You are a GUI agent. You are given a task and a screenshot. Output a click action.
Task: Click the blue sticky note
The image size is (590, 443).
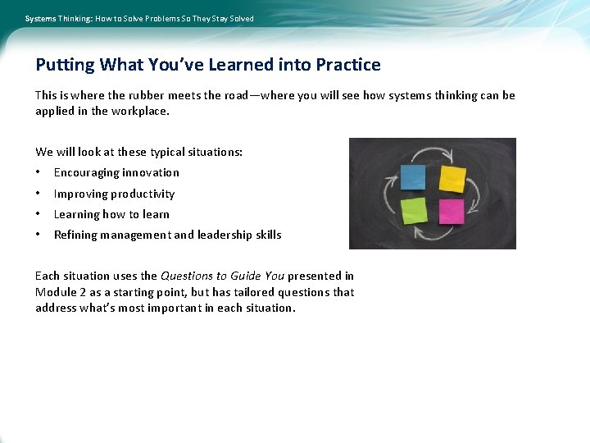(x=413, y=177)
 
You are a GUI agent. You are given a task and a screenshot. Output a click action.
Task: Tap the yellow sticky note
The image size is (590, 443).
(x=452, y=178)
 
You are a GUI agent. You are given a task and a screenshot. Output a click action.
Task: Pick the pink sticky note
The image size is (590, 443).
(x=452, y=212)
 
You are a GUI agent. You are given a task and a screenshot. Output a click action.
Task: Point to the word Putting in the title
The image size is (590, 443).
(x=66, y=65)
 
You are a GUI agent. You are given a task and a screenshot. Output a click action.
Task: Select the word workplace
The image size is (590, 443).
(x=140, y=111)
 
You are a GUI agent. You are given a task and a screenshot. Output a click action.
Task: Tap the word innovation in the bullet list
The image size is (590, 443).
(x=152, y=172)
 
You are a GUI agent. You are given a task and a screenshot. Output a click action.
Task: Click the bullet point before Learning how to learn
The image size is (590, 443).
(x=39, y=214)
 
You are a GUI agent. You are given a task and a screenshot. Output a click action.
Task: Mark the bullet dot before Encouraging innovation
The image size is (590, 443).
(x=39, y=172)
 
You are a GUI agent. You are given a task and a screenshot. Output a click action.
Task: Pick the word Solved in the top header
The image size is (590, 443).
(x=241, y=18)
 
